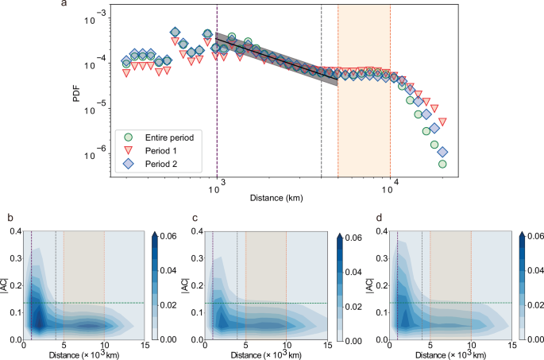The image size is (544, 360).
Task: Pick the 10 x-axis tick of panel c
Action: (286, 346)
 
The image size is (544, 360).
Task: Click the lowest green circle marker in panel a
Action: (442, 165)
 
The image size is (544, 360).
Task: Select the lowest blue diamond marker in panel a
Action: (442, 152)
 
